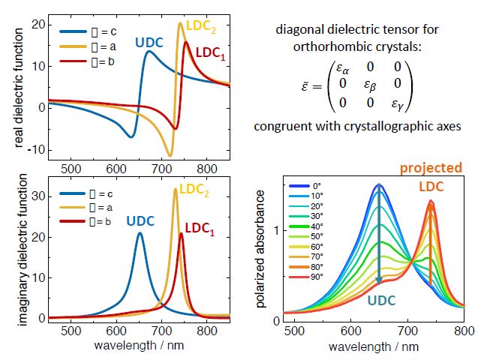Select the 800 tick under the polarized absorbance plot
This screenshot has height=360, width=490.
point(464,331)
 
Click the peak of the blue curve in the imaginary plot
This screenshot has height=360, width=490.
point(140,232)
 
